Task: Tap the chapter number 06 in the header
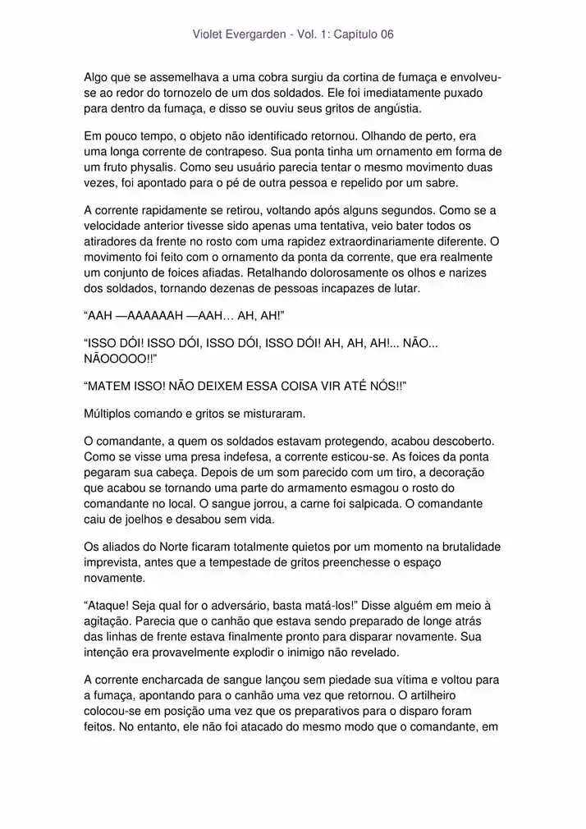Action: click(x=385, y=35)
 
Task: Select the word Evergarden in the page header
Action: click(x=256, y=35)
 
